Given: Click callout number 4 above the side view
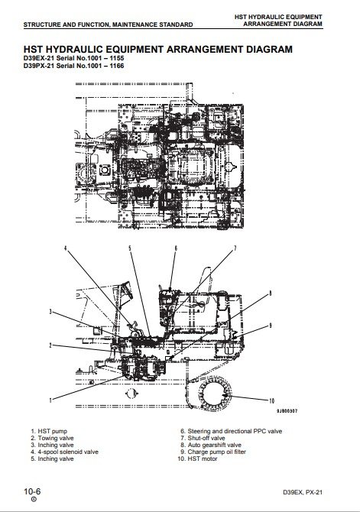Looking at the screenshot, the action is coord(65,248).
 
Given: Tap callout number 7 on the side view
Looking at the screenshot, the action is coord(235,248).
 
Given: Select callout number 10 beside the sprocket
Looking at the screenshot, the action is coord(271,401).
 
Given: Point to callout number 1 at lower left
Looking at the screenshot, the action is coord(50,400).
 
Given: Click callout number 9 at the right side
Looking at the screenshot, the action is coord(270,326).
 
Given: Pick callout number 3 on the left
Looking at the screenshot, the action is coord(50,312).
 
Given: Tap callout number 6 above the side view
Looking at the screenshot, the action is coord(176,248).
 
